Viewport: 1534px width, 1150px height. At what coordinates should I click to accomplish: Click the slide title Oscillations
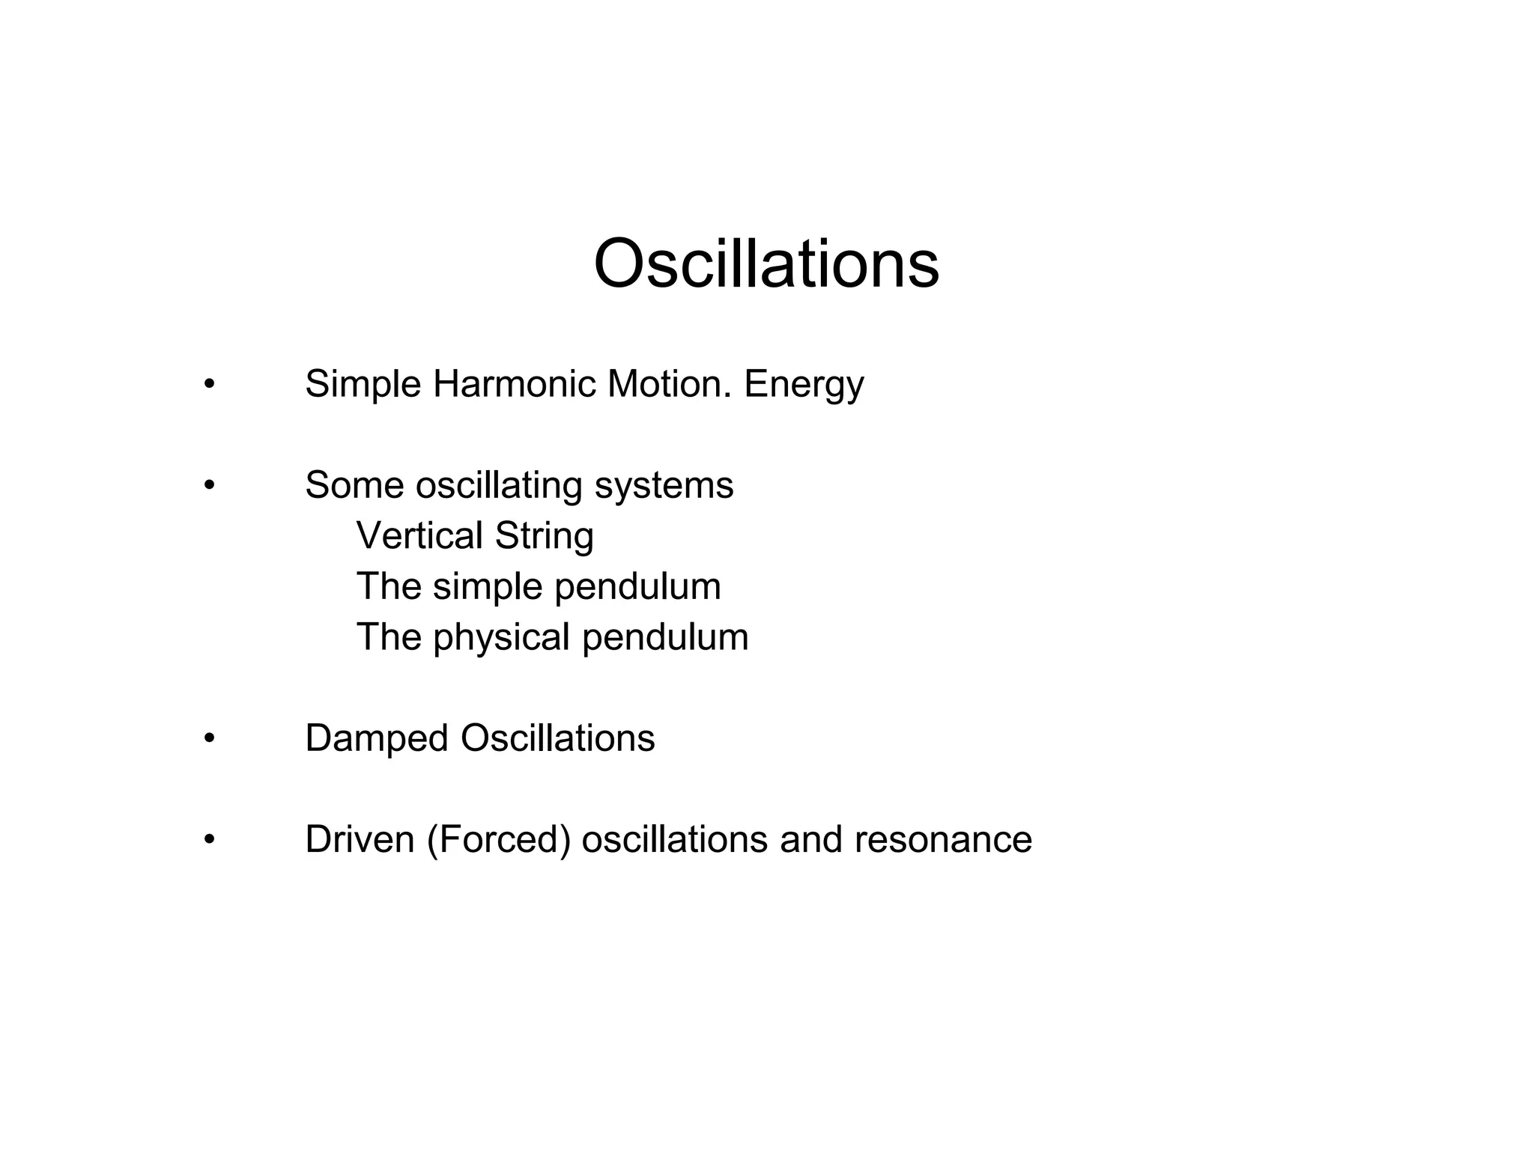click(766, 264)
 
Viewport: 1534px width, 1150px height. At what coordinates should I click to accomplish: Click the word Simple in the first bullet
click(363, 385)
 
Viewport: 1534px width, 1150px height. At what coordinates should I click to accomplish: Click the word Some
click(354, 485)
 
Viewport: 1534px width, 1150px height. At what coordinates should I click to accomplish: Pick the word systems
click(664, 487)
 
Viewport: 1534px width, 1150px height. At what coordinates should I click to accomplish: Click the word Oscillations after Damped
click(557, 738)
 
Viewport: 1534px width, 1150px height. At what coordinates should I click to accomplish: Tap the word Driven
click(360, 839)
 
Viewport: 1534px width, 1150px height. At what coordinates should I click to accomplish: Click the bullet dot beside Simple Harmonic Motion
click(209, 386)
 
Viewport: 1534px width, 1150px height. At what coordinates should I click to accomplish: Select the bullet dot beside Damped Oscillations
click(209, 739)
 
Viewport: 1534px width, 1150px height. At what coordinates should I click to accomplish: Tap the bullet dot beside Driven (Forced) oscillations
click(209, 840)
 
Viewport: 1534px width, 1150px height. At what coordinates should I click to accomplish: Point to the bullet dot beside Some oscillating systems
click(209, 486)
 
